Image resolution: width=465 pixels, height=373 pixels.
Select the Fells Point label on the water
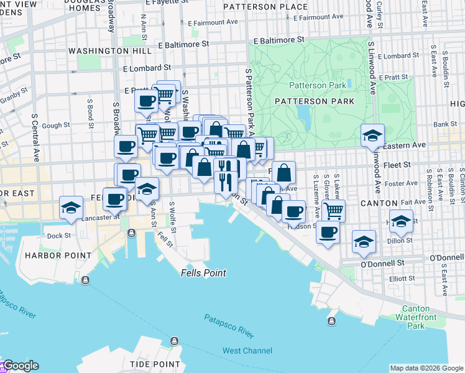204,273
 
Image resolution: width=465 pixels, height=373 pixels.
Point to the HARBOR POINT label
49,256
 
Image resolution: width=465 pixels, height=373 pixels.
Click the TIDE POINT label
155,364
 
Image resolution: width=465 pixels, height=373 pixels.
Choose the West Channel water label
247,351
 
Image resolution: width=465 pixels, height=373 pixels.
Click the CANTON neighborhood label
378,203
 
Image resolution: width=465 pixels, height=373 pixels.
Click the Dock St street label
59,236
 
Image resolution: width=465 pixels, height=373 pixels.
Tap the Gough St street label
56,126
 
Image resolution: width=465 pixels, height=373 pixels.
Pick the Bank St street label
445,124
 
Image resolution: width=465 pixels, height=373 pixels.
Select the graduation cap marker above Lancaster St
71,208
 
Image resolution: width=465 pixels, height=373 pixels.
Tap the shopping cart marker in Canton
334,210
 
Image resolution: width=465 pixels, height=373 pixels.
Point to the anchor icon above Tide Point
175,341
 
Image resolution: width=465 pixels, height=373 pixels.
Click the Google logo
20,366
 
